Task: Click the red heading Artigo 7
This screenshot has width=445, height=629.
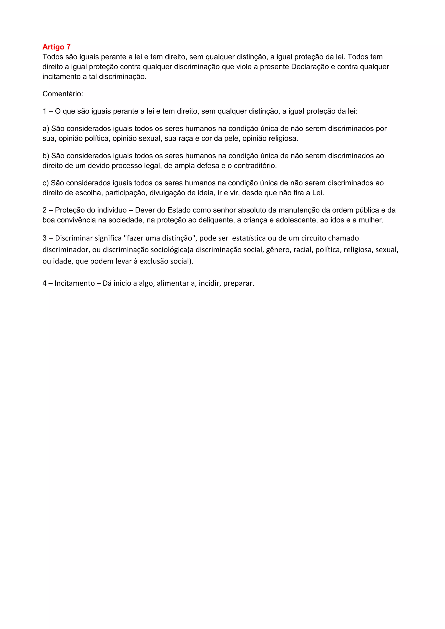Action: pos(56,47)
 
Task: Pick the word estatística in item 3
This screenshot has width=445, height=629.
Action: pos(249,238)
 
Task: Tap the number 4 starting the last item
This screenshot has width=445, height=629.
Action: pos(44,283)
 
